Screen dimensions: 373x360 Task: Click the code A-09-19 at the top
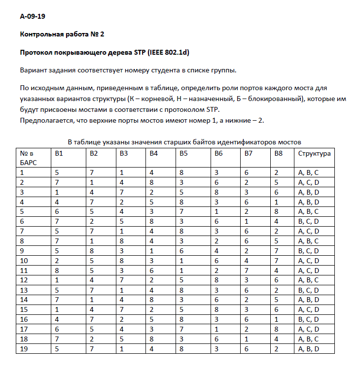tap(33, 16)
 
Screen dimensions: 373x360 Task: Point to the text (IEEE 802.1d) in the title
tap(166, 52)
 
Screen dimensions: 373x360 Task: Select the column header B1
tap(59, 154)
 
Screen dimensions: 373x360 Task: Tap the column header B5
tap(183, 154)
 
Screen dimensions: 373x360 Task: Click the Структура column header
tap(314, 154)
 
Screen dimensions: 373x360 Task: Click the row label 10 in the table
tap(24, 260)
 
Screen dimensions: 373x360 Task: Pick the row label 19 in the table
tap(24, 349)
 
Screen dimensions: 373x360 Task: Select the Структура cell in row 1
tap(309, 172)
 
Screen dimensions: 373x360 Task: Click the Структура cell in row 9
tap(309, 251)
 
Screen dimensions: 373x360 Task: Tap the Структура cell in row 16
tap(309, 320)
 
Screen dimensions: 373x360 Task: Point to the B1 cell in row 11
tap(57, 270)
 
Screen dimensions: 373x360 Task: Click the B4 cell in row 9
tap(152, 251)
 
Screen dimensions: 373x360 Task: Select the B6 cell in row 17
tap(216, 329)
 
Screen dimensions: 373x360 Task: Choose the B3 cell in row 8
tap(121, 241)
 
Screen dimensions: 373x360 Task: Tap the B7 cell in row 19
tap(247, 349)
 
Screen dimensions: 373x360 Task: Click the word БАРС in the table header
tap(29, 162)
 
